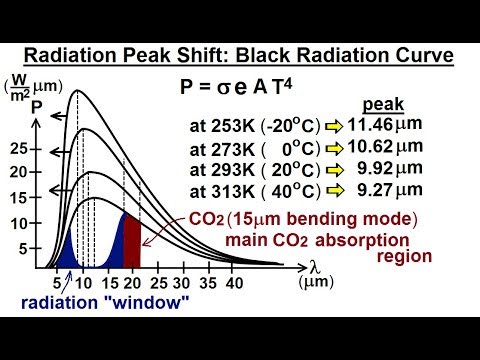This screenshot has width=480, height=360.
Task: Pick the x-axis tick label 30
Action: tap(184, 283)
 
